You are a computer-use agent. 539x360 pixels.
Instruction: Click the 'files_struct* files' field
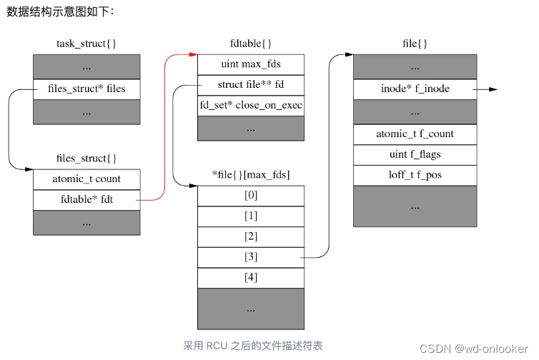coord(86,89)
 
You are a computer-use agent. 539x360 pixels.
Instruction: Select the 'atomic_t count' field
coord(86,179)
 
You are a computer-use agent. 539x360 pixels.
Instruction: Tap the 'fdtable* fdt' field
coord(86,200)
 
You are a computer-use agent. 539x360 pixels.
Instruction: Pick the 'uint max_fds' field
coord(250,64)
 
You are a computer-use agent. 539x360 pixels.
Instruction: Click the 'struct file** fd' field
coord(250,85)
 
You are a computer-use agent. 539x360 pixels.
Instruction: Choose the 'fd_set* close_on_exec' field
coord(250,106)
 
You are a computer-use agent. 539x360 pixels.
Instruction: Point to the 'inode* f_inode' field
coord(415,89)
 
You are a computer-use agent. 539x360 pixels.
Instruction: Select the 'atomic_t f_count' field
coord(415,134)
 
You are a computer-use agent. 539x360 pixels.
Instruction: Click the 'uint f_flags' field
coord(415,154)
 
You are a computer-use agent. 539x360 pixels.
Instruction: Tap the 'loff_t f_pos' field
coord(415,175)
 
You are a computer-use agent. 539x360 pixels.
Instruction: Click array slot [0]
coord(250,196)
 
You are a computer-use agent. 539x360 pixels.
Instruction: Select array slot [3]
coord(250,257)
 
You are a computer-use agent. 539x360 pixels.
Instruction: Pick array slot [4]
coord(250,278)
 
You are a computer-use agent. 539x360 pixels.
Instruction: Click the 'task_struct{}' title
coord(86,44)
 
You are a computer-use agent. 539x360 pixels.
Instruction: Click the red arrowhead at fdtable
coord(193,54)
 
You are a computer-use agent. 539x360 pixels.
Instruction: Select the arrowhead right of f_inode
coord(493,90)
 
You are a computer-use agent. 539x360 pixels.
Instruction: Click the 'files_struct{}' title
coord(86,158)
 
